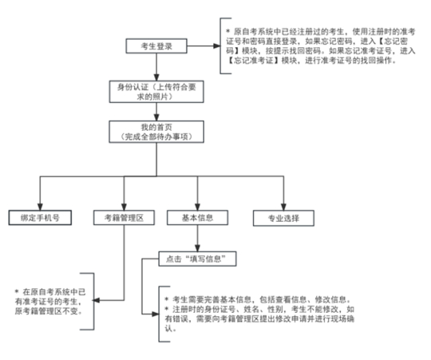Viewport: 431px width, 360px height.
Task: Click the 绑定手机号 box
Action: coord(34,217)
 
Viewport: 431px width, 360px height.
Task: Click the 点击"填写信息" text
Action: coord(197,259)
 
